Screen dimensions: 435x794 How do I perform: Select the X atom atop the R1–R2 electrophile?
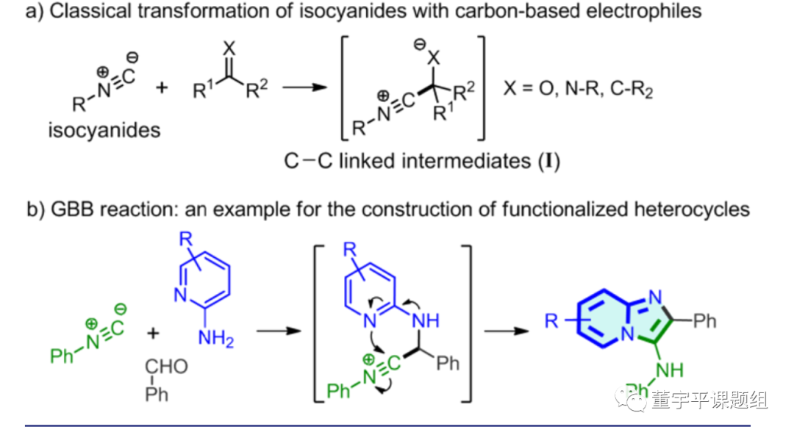229,48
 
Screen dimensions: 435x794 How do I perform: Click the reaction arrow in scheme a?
304,88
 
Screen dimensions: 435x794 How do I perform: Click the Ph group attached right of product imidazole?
703,320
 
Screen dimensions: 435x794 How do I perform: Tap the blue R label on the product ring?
551,321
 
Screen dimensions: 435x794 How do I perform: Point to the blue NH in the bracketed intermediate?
426,320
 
